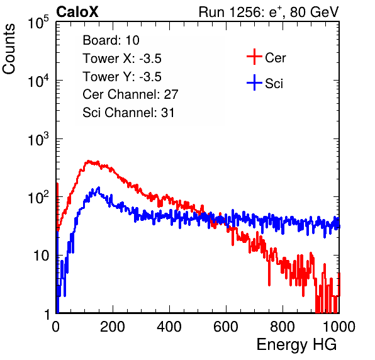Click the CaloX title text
[77, 12]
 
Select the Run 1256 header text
[269, 12]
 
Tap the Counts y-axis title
[9, 49]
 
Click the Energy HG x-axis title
[296, 345]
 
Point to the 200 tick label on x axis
[113, 326]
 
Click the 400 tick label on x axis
[169, 326]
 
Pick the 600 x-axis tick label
[226, 326]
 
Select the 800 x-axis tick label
[283, 326]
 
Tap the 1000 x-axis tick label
[339, 326]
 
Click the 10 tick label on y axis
[42, 256]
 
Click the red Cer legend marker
[254, 57]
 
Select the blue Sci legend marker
[254, 82]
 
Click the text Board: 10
[111, 40]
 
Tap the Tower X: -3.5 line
[122, 59]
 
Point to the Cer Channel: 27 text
[130, 94]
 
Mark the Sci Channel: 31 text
[128, 113]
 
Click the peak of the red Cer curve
[89, 161]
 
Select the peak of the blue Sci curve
[99, 188]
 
